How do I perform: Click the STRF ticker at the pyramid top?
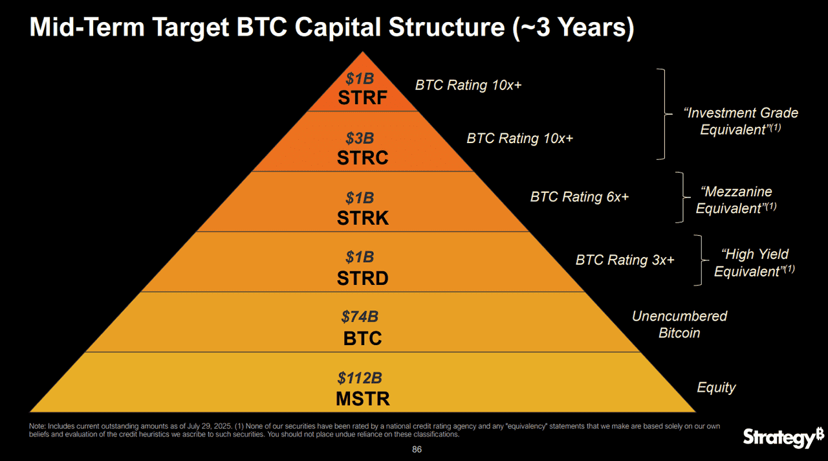click(x=362, y=98)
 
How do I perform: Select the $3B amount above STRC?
click(x=359, y=138)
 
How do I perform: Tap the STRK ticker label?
click(x=363, y=218)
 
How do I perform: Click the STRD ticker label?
click(x=363, y=278)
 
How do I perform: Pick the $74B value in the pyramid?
click(x=360, y=317)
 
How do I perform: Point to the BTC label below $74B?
click(x=363, y=338)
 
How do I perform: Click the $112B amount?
click(x=360, y=377)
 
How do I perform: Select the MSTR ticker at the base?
click(x=363, y=399)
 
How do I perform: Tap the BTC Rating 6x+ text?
click(x=579, y=197)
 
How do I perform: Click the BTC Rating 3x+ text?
click(x=624, y=260)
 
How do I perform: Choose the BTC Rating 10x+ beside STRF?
click(x=468, y=85)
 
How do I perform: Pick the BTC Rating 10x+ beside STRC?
click(x=519, y=139)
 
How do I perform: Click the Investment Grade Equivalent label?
click(x=740, y=121)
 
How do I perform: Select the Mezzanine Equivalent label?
click(x=736, y=200)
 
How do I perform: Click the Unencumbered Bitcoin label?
click(x=679, y=324)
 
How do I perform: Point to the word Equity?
click(x=716, y=387)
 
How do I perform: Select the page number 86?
click(x=417, y=449)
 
